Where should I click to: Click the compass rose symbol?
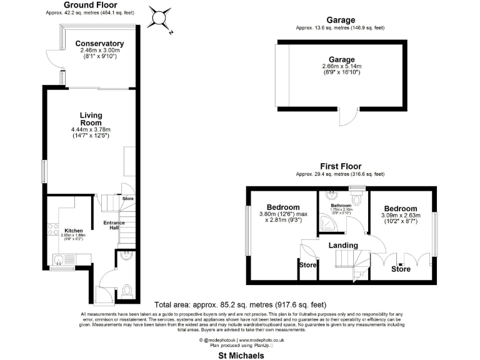pos(161,17)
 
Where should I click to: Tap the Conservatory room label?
pos(99,44)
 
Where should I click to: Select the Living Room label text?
pos(91,119)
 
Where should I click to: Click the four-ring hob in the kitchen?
pos(49,229)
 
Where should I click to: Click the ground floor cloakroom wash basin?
pos(124,255)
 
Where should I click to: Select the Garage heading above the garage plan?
pos(341,20)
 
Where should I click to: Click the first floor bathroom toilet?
pos(357,199)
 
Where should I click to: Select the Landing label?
pos(343,245)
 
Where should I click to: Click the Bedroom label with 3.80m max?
pos(282,207)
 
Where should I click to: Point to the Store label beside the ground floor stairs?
pos(127,199)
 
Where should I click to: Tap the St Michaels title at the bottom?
pos(240,355)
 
